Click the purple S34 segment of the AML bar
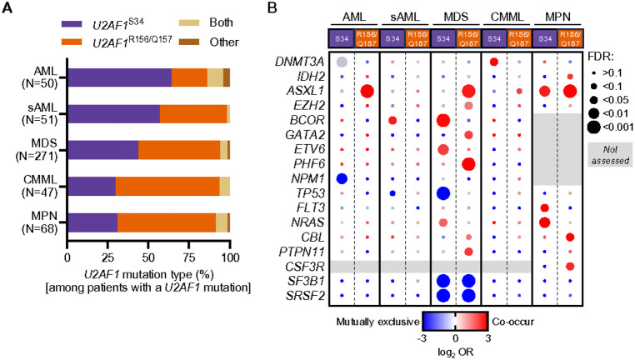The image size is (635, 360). click(x=119, y=77)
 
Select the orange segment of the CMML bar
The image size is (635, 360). click(x=167, y=187)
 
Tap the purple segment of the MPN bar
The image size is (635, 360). click(x=92, y=222)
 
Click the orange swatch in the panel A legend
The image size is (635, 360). click(x=72, y=42)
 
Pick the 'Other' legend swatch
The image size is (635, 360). click(x=188, y=42)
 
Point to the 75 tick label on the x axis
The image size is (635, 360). click(x=189, y=257)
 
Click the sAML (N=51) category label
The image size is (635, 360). click(x=40, y=114)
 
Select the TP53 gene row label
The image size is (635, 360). click(x=309, y=193)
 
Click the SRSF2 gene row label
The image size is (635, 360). click(x=307, y=296)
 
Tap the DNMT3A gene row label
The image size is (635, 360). click(x=300, y=62)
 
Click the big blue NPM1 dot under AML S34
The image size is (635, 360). click(x=342, y=178)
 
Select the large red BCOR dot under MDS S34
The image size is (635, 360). click(x=443, y=120)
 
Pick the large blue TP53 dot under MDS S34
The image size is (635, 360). click(x=443, y=193)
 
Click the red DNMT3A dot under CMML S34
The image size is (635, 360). click(x=493, y=62)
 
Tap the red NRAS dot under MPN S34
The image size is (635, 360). click(x=545, y=222)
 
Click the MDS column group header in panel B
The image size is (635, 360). click(x=456, y=17)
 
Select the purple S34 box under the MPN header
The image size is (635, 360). click(x=545, y=39)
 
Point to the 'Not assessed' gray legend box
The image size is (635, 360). click(x=610, y=155)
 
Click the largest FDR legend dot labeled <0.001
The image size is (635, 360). click(x=593, y=127)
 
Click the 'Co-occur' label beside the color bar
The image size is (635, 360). click(x=512, y=322)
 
